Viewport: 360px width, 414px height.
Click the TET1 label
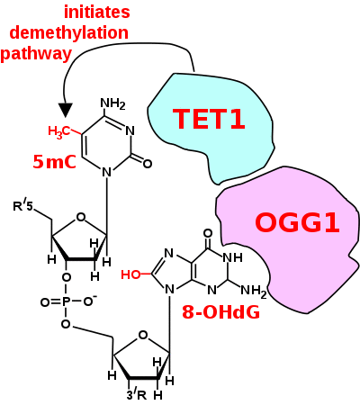pos(209,119)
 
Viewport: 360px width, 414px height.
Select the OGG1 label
pos(297,222)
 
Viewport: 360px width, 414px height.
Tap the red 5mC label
pos(54,162)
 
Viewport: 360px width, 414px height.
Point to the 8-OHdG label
pos(220,312)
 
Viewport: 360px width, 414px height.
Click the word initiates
pos(97,13)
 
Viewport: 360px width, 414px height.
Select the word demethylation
pos(69,32)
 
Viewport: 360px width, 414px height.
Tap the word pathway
pos(36,54)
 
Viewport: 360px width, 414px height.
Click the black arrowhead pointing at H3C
pos(65,110)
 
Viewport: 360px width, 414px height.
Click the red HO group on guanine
pos(130,274)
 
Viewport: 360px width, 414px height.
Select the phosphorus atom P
pos(66,302)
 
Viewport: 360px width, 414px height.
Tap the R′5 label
pos(22,206)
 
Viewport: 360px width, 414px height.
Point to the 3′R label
pos(137,395)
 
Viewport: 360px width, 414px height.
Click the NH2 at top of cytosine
pos(112,104)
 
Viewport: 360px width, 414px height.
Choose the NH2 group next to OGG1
pos(254,291)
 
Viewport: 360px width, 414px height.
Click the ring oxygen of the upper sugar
pos(81,217)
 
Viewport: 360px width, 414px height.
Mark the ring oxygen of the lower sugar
pos(143,335)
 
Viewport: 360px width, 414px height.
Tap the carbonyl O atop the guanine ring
pos(208,233)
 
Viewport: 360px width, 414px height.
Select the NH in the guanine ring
pos(232,257)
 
